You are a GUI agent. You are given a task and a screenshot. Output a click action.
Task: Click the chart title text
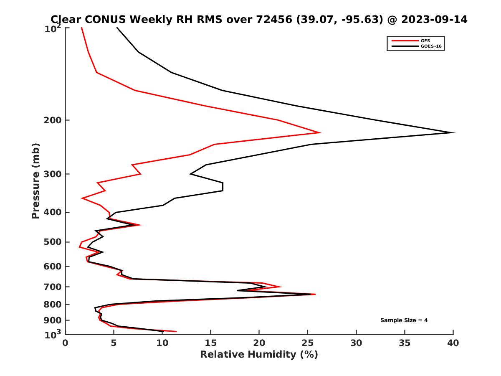pos(259,19)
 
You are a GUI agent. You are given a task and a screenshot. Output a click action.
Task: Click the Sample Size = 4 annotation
pos(404,320)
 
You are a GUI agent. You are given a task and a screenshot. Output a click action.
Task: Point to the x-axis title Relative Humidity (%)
pos(259,355)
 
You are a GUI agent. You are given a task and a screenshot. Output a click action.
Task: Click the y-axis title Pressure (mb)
pos(35,180)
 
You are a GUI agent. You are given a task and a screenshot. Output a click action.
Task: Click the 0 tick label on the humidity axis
pos(66,343)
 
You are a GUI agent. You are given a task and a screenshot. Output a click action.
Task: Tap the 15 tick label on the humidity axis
pos(210,343)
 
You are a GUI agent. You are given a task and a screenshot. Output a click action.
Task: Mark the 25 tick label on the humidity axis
pos(307,343)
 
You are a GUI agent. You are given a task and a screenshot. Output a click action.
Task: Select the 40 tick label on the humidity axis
pos(453,343)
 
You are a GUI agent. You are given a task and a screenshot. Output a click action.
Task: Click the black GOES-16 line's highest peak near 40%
pos(453,132)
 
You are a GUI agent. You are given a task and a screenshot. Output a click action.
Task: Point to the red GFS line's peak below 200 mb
pos(320,132)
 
